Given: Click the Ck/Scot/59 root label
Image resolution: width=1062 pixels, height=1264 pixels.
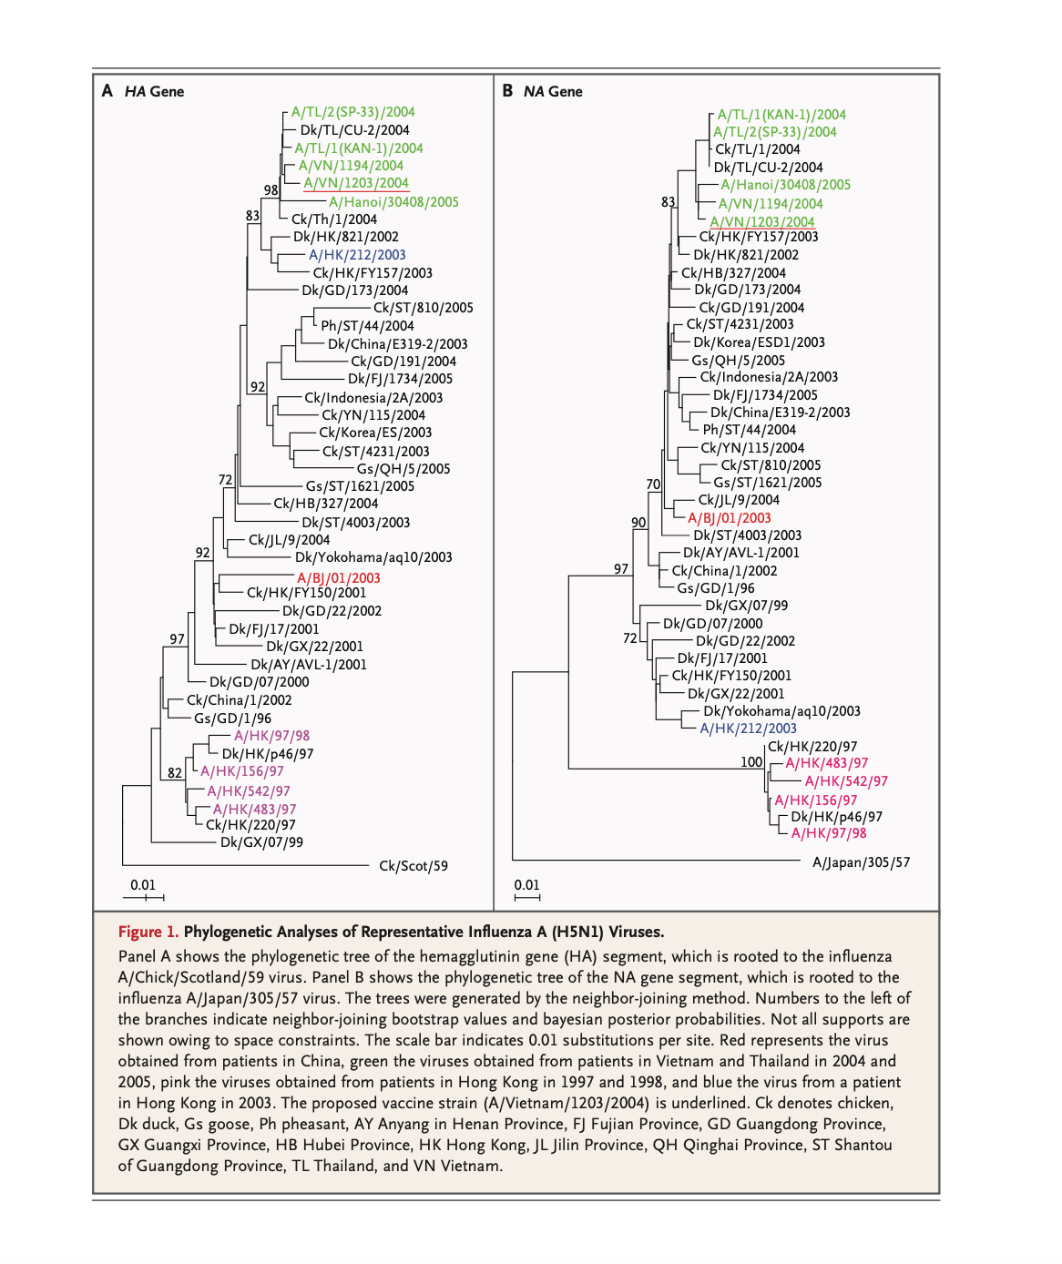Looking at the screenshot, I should click(x=414, y=866).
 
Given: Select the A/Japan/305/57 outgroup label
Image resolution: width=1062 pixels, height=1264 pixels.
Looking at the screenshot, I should click(x=861, y=862).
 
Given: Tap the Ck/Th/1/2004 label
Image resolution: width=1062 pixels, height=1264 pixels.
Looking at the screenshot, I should click(x=334, y=219).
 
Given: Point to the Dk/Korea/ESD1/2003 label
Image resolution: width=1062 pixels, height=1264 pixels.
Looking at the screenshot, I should click(x=759, y=342).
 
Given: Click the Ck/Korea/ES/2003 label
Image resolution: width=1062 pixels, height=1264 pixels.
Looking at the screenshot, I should click(x=375, y=433).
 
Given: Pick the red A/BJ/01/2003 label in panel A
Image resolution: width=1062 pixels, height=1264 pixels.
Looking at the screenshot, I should click(x=339, y=577).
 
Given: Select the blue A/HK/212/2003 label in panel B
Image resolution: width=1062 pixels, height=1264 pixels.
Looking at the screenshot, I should click(x=748, y=729).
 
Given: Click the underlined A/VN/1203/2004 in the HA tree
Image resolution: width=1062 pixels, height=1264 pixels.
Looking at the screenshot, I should click(x=356, y=183).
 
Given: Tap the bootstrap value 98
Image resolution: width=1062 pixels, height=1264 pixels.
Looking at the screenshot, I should click(x=271, y=190).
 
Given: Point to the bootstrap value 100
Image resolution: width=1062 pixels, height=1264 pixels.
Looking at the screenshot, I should click(x=751, y=762).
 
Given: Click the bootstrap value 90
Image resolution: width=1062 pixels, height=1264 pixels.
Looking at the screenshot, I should click(x=638, y=523).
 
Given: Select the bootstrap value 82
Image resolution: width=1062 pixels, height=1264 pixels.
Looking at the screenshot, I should click(x=175, y=773).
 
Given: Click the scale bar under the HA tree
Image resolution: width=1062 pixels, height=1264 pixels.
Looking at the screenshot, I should click(x=144, y=898).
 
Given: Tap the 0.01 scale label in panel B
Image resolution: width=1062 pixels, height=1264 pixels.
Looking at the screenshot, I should click(x=526, y=885).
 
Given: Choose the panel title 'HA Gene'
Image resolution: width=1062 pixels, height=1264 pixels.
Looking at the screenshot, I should click(x=154, y=91).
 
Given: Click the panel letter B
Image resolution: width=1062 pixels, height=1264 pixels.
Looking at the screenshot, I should click(x=507, y=91).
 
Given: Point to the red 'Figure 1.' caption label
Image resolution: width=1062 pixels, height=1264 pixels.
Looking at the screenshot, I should click(x=148, y=932).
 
